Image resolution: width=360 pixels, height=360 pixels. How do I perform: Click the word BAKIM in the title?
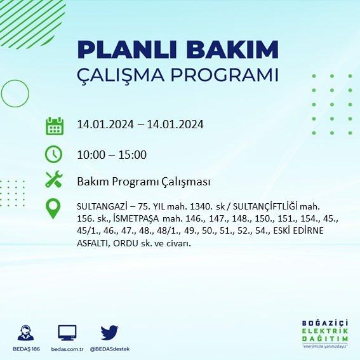click(x=232, y=50)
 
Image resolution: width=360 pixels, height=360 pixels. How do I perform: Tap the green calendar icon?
click(x=55, y=126)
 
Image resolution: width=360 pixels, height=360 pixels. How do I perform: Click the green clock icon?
click(x=53, y=154)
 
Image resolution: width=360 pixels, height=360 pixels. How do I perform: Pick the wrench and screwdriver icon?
click(x=54, y=179)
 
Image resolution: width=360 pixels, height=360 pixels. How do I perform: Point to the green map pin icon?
click(x=53, y=208)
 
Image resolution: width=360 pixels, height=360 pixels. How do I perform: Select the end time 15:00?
click(x=133, y=155)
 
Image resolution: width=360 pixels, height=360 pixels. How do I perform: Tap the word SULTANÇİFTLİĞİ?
click(x=265, y=206)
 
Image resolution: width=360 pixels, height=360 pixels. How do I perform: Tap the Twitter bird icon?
click(x=109, y=332)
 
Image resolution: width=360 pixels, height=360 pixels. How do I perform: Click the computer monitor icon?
click(x=67, y=333)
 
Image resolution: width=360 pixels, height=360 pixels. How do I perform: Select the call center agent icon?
click(x=25, y=333)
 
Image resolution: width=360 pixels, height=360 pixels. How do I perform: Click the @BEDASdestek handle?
click(x=110, y=349)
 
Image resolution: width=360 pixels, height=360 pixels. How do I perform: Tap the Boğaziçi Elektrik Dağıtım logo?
click(x=325, y=334)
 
